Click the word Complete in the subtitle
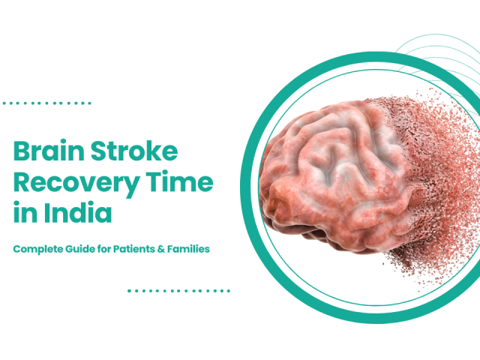click(38, 248)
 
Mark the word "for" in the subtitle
click(110, 248)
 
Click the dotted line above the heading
click(46, 103)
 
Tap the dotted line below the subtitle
click(178, 290)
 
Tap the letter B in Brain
click(21, 152)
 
